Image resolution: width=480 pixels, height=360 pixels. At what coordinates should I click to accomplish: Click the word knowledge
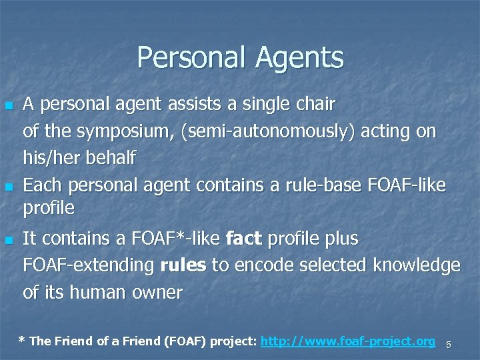point(417,265)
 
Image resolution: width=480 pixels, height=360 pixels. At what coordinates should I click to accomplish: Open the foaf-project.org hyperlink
point(347,341)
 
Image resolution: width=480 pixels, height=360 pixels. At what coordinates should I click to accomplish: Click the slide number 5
point(449,344)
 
